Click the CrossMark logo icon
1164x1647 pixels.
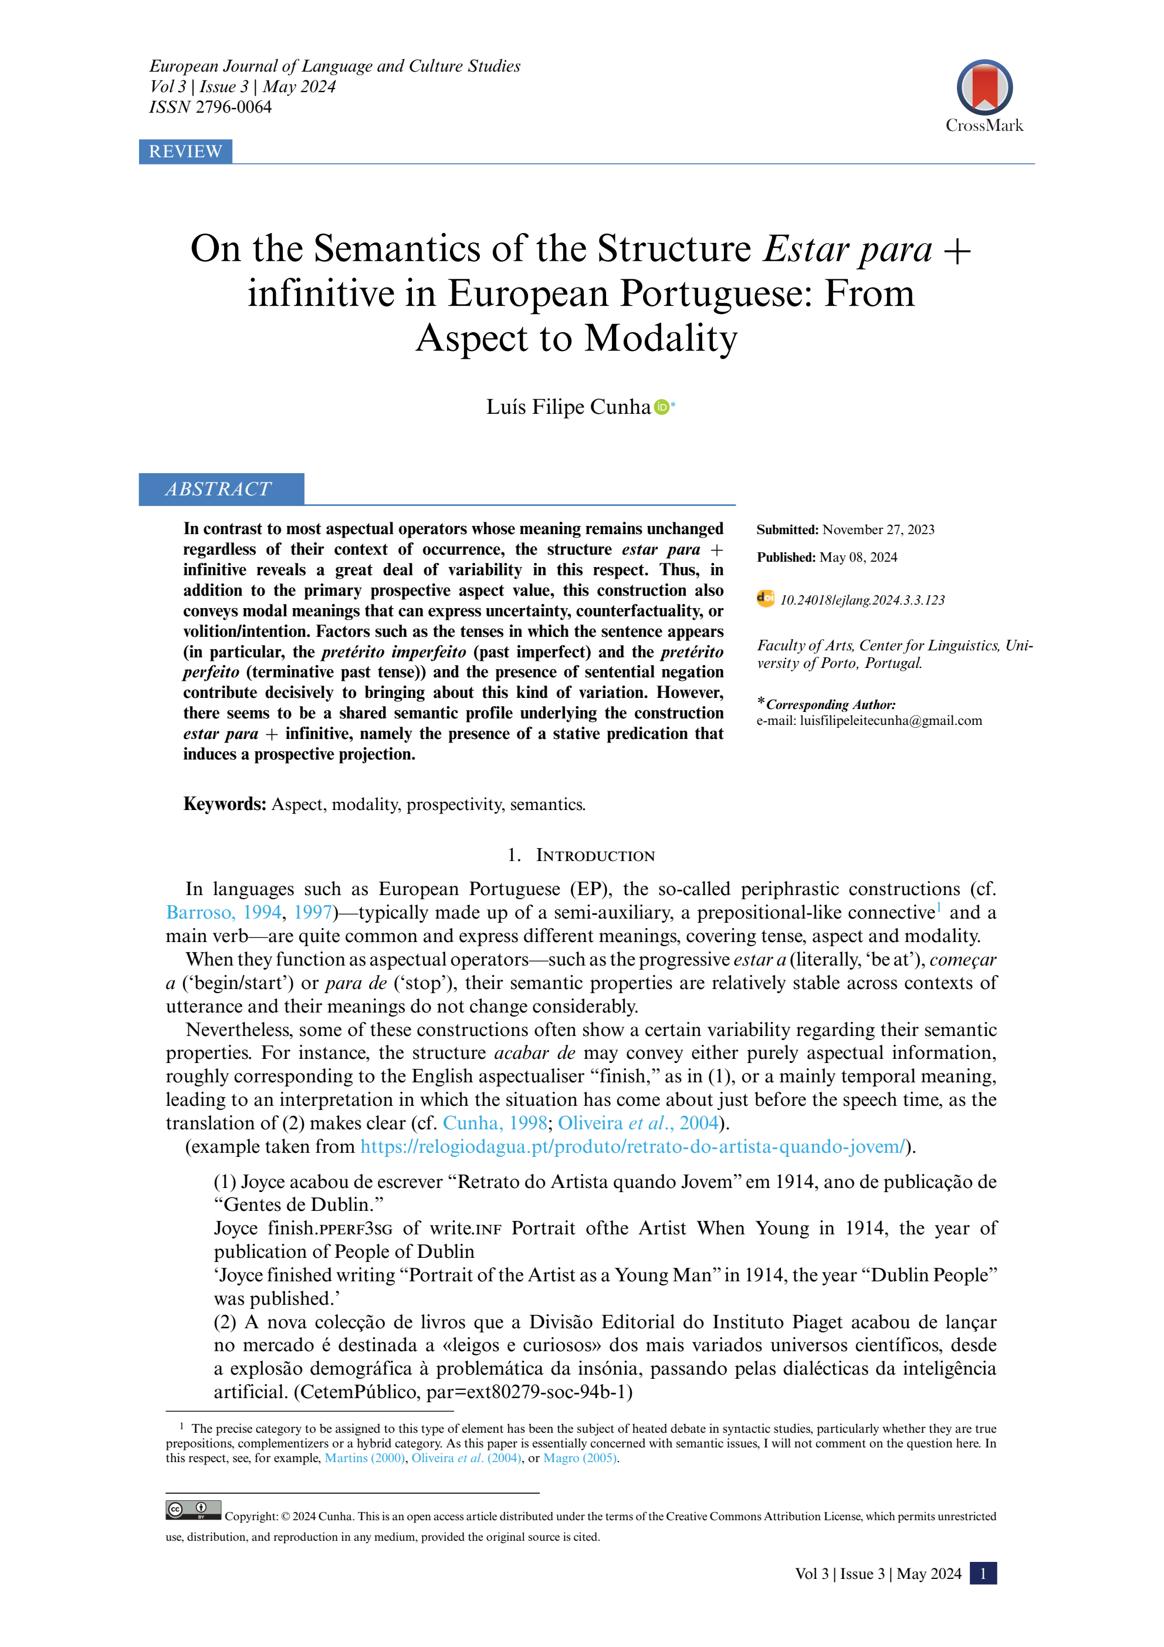pos(984,87)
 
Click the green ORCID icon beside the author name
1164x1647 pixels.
pos(662,407)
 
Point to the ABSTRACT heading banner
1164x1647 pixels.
pos(221,489)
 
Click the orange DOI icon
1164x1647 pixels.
pos(765,598)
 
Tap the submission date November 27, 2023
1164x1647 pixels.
pos(878,530)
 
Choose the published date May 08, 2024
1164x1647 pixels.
pos(858,558)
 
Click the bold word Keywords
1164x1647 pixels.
pos(225,804)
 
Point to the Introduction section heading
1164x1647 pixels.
pos(581,856)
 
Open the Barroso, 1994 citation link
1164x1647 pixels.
pos(223,913)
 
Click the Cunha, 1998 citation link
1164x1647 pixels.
pos(495,1123)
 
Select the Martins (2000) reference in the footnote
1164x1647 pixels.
pos(364,1459)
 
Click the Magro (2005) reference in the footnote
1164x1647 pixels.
pos(580,1459)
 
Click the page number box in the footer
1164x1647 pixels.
pos(983,1574)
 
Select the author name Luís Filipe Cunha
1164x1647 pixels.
pos(568,407)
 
